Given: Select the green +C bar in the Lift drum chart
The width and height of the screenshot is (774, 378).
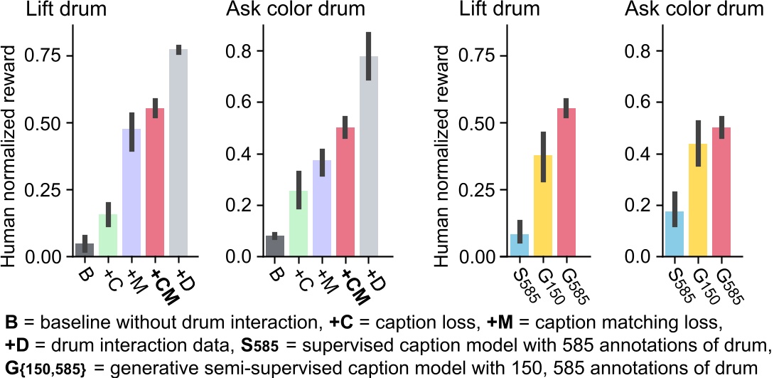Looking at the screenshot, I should point(108,236).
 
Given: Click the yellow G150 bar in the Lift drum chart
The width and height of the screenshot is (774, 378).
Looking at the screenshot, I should point(544,206).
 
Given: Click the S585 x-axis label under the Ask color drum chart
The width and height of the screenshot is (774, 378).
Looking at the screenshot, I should point(675,282).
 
